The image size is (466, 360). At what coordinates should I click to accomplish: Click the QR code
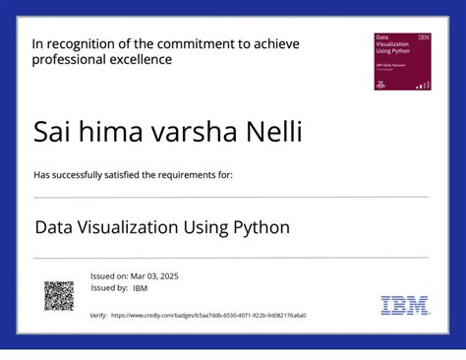(59, 295)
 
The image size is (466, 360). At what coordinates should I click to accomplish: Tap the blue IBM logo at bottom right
(405, 305)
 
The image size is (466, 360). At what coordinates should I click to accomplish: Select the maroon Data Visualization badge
(403, 62)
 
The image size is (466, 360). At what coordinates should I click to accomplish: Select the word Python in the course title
(261, 227)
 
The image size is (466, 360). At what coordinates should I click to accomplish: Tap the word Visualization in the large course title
(129, 227)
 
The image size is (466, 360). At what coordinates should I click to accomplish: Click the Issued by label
(108, 288)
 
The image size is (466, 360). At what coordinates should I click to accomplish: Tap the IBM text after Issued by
(140, 288)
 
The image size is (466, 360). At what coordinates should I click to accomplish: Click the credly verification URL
(208, 316)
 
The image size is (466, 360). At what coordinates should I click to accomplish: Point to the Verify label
(98, 316)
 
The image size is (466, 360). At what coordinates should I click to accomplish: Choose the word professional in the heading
(69, 60)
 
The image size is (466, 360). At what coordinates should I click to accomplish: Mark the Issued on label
(107, 276)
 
